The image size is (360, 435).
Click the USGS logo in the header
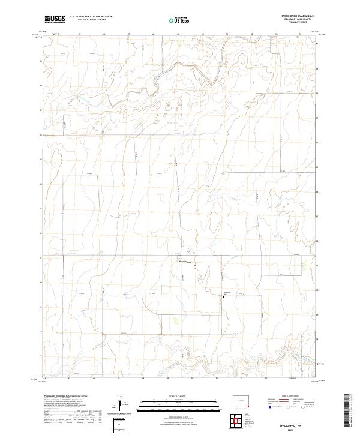(55, 19)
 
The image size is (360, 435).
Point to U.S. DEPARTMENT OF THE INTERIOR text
(91, 17)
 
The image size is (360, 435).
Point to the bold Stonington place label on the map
(185, 262)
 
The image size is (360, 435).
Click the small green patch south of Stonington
(175, 320)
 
